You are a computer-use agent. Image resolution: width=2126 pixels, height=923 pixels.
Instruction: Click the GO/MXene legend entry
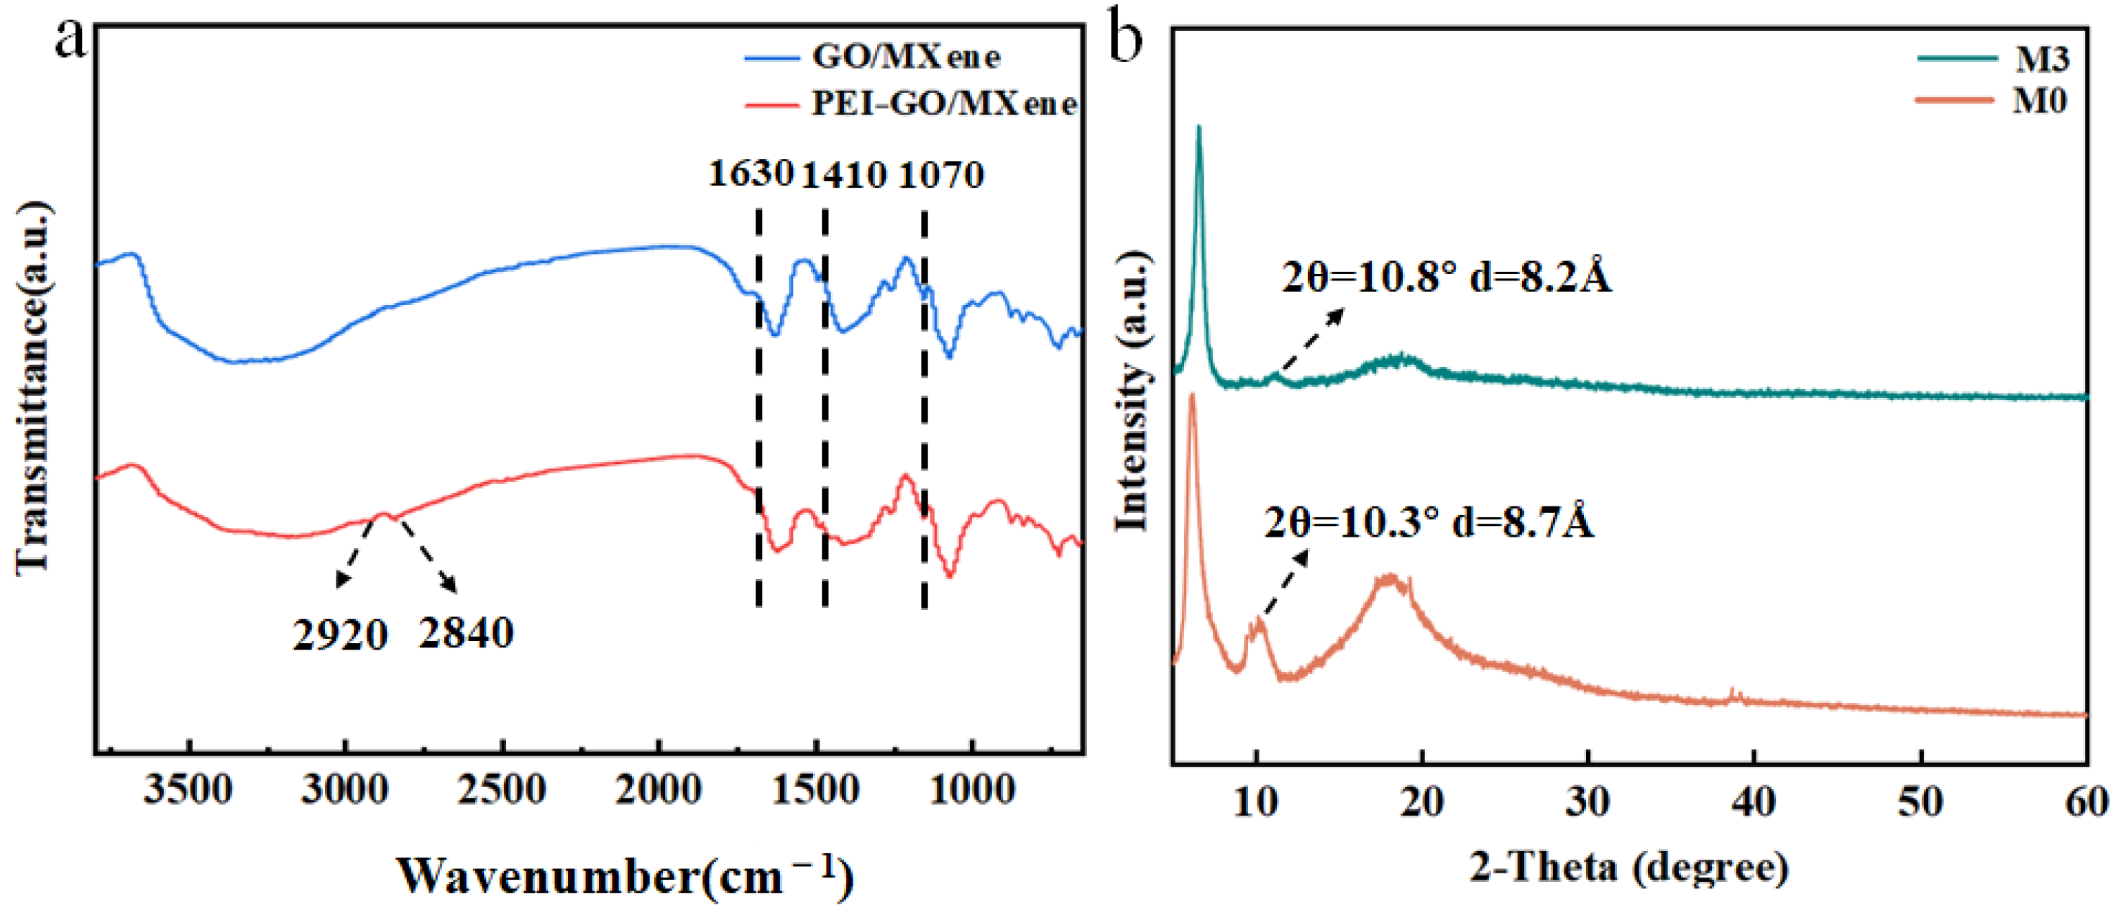(x=905, y=57)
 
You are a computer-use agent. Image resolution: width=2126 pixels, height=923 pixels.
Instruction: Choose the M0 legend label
(x=2039, y=101)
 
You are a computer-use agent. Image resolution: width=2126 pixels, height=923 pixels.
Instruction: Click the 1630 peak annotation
(x=750, y=173)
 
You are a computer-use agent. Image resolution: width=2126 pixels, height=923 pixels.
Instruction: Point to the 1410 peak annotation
(x=844, y=175)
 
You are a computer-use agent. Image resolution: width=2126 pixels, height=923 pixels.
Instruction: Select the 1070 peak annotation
(x=941, y=175)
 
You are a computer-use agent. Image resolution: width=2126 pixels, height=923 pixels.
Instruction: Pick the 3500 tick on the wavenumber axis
(x=188, y=790)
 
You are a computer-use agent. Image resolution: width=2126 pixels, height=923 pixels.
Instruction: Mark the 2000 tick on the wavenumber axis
(x=659, y=790)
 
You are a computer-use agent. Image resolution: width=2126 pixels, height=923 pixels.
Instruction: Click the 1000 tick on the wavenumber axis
(x=972, y=790)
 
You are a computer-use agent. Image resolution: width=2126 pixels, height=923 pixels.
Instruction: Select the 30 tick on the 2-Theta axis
(x=1588, y=801)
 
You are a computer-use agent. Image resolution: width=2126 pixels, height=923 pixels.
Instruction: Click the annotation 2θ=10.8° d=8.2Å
(x=1446, y=278)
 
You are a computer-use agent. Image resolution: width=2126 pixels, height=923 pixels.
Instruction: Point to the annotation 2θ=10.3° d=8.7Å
(x=1429, y=522)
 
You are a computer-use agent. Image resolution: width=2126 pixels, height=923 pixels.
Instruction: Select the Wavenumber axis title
(x=625, y=877)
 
